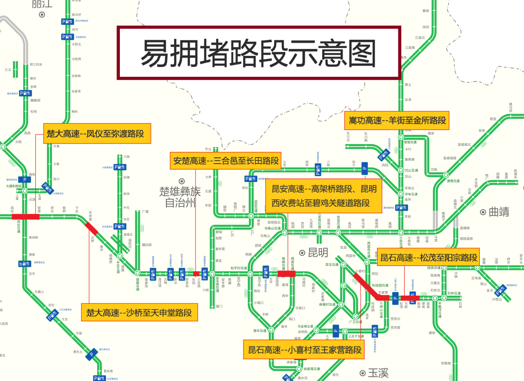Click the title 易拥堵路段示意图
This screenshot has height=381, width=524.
pos(259,53)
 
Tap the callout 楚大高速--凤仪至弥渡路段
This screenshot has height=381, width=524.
pos(97,133)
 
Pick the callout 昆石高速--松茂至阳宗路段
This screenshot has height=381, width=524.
pos(428,258)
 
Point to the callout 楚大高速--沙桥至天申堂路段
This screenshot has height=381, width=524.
pos(139,313)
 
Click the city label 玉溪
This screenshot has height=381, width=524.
pos(378,373)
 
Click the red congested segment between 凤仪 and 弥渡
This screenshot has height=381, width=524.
pos(26,217)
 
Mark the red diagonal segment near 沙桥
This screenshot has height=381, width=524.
pos(91,229)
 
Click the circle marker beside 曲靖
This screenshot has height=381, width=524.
pos(483,212)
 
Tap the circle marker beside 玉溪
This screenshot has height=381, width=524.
pos(362,373)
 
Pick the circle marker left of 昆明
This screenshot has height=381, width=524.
pos(302,252)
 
